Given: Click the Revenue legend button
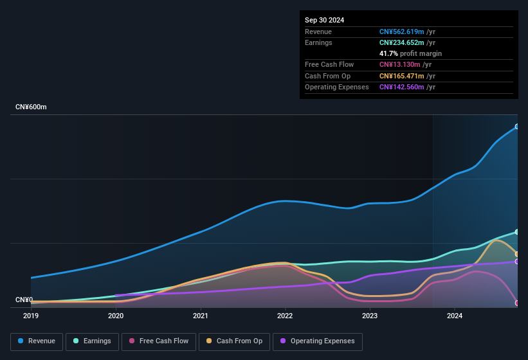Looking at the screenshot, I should coord(37,341).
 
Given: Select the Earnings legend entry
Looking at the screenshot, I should coord(92,341).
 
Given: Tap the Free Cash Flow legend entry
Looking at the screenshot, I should coord(159,341).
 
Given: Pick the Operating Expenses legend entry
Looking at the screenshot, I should coord(318,341).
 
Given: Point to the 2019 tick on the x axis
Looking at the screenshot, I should coord(31,316).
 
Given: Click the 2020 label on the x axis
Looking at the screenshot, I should coord(116,316).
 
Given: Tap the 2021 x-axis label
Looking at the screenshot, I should coord(201,316).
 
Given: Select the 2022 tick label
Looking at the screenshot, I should coord(285,316).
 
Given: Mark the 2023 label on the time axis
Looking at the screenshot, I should coord(370,316).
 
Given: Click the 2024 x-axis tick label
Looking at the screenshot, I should coord(455,316).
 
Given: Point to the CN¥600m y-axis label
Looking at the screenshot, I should coord(31,107).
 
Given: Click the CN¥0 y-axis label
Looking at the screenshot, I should coord(24,300).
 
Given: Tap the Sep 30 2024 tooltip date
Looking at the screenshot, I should coord(324,20).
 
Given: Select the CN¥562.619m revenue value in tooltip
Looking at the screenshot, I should coord(401,32).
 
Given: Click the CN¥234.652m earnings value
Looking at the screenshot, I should coord(401,42).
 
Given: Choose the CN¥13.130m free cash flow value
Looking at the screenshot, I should coord(399,64).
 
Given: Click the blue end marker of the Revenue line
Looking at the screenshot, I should coord(517,127).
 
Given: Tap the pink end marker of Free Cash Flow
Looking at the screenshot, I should coord(517,303).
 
